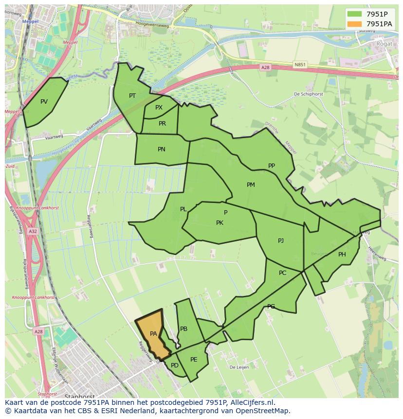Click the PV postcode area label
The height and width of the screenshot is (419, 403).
click(x=44, y=102)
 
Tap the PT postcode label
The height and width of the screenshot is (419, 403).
click(x=132, y=96)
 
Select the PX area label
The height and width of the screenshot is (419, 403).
click(x=159, y=108)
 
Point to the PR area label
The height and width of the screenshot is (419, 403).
click(x=162, y=124)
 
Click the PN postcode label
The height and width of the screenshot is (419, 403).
click(x=162, y=149)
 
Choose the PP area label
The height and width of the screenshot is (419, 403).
click(x=272, y=166)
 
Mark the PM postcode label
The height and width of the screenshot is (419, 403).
click(x=251, y=185)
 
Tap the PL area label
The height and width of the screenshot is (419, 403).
click(x=183, y=209)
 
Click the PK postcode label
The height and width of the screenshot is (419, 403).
click(x=220, y=223)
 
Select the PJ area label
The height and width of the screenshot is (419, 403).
click(x=281, y=241)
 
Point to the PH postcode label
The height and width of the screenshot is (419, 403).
click(x=342, y=255)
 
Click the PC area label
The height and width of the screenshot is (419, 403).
click(x=283, y=273)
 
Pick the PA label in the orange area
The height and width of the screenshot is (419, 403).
click(x=153, y=334)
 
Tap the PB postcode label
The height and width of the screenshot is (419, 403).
click(x=184, y=329)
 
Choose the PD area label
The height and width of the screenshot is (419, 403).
click(x=175, y=365)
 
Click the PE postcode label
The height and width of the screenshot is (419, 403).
click(x=194, y=360)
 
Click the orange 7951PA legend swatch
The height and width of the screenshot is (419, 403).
click(x=354, y=24)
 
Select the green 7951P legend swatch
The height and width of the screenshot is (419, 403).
click(x=354, y=14)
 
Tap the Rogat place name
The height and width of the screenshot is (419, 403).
click(x=384, y=44)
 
